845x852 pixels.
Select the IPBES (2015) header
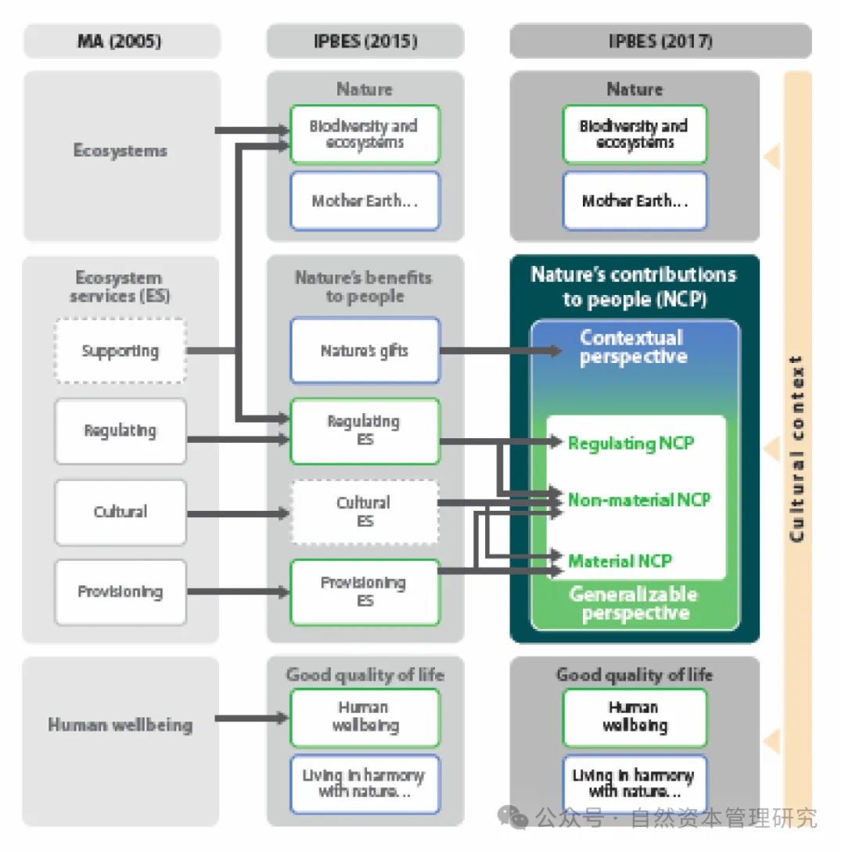click(365, 41)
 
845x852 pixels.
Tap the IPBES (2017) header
click(660, 41)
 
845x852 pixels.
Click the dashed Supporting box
click(120, 351)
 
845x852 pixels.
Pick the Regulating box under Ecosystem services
click(120, 431)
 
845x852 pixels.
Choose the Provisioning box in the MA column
click(120, 591)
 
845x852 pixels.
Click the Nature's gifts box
click(365, 351)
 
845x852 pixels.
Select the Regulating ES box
click(365, 431)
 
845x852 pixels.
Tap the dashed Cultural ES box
click(365, 512)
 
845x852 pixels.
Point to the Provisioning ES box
click(365, 591)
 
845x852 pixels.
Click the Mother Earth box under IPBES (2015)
click(365, 201)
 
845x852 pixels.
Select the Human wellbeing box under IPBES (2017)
click(635, 717)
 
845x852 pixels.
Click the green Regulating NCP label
click(631, 444)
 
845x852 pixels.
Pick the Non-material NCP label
click(638, 500)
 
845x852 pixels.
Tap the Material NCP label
click(620, 561)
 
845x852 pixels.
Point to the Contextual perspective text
click(633, 347)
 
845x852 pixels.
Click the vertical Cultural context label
click(797, 449)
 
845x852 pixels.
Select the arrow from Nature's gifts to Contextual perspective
click(501, 351)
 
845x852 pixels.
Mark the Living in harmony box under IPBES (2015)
click(365, 784)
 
